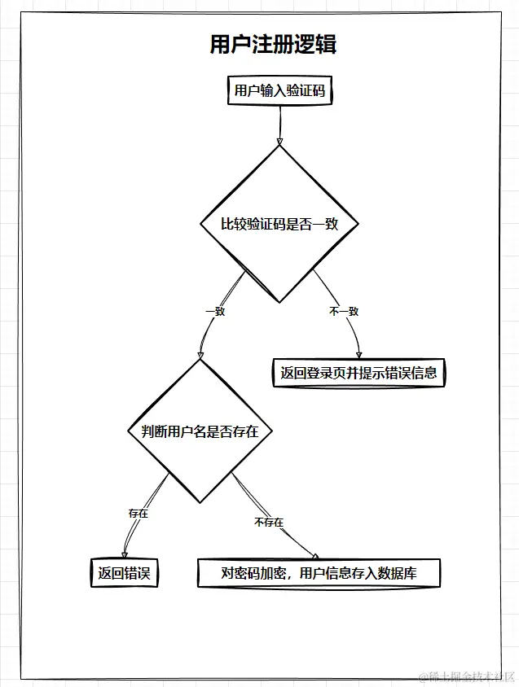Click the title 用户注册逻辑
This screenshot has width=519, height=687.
[273, 44]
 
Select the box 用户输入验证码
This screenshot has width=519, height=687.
[279, 90]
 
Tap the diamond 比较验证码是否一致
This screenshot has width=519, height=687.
[279, 224]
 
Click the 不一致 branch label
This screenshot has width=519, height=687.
[343, 311]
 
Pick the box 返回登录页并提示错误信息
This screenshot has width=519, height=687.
[358, 374]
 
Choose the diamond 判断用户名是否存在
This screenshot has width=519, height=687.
[200, 431]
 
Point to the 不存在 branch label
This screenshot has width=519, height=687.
[269, 522]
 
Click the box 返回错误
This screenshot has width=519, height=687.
[123, 573]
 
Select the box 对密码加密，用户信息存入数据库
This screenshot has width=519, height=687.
[319, 573]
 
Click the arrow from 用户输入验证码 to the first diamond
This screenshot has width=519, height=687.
[279, 122]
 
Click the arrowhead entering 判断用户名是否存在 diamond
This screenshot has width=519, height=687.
[200, 356]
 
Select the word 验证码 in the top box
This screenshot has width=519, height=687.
[305, 90]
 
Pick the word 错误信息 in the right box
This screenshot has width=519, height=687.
[411, 374]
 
